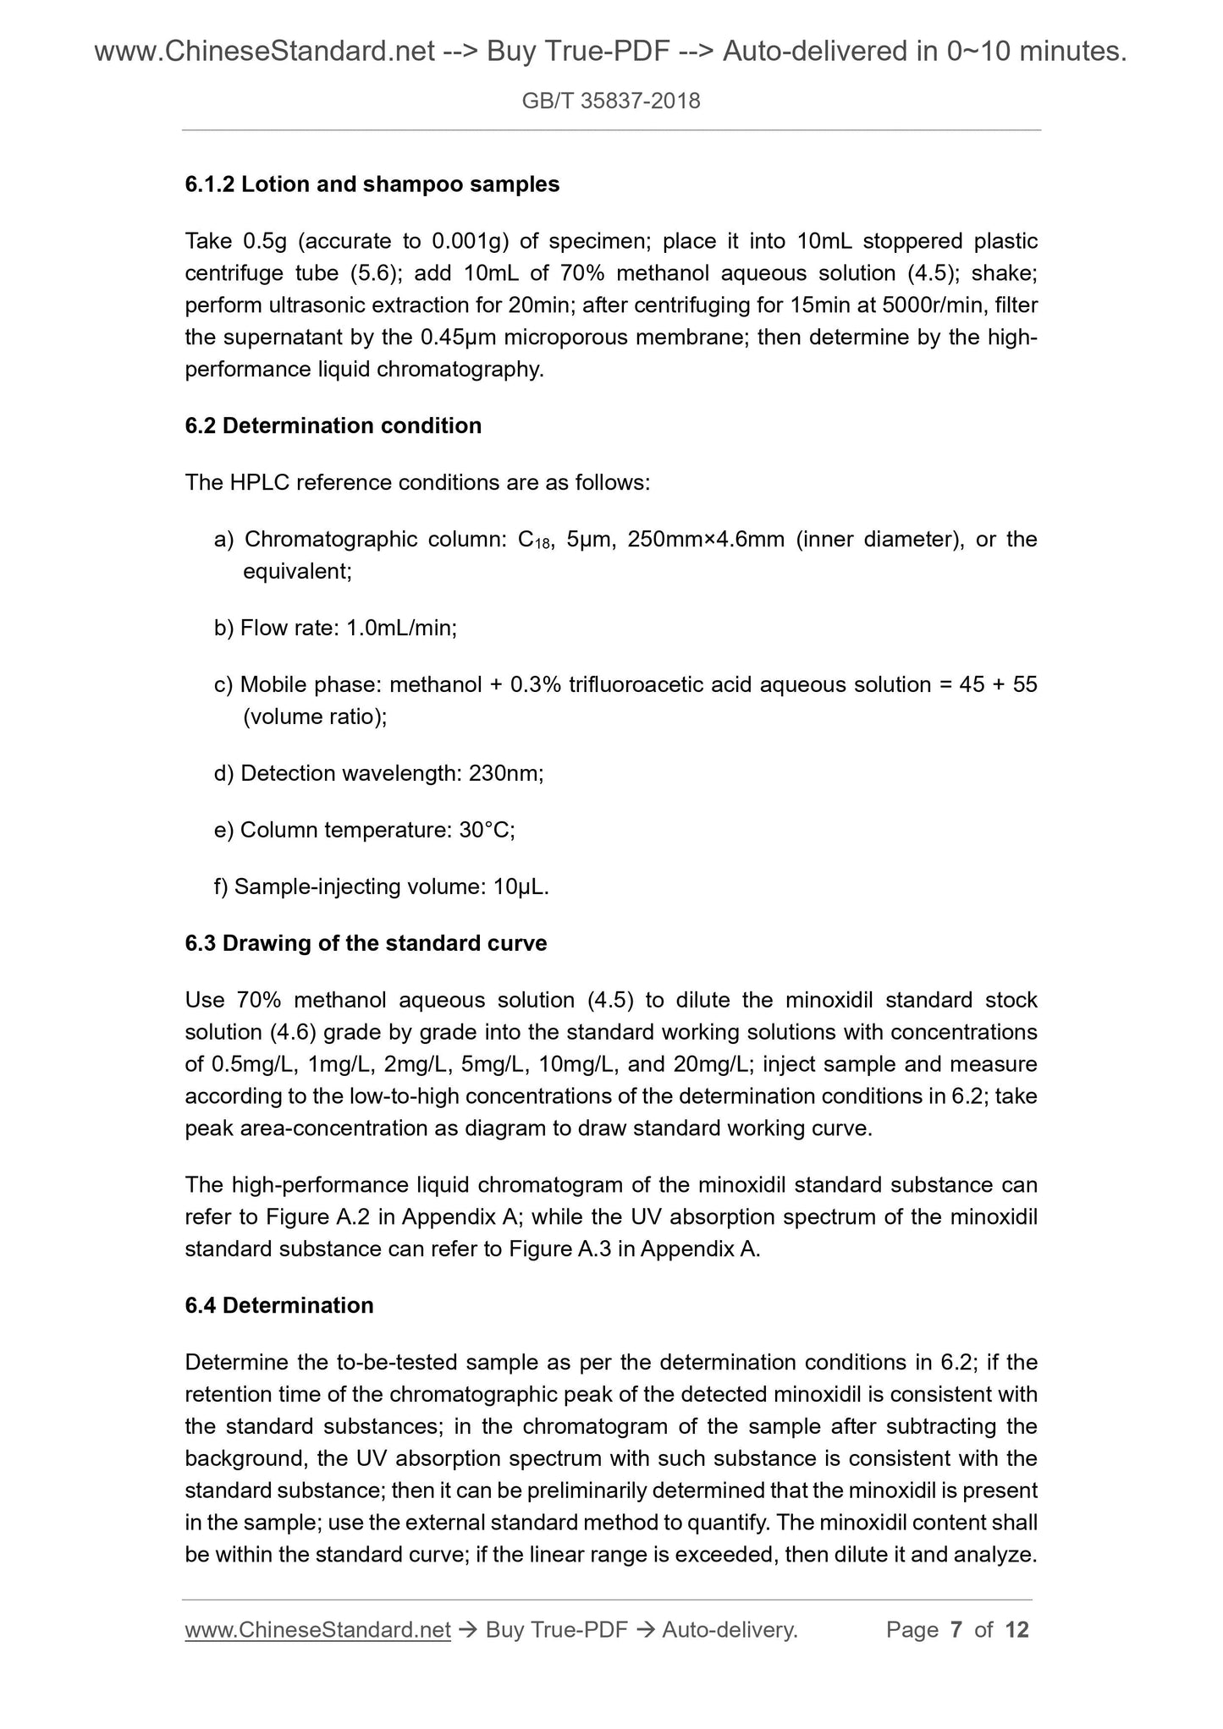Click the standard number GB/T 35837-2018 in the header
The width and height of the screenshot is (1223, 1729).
pyautogui.click(x=611, y=102)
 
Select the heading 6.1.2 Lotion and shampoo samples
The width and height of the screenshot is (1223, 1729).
pyautogui.click(x=372, y=184)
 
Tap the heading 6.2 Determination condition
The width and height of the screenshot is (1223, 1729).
pyautogui.click(x=333, y=425)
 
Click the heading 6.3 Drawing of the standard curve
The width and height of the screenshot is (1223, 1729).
pyautogui.click(x=366, y=943)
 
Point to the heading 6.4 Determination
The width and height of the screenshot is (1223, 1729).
pyautogui.click(x=278, y=1305)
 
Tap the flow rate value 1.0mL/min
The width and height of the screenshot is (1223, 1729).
pyautogui.click(x=401, y=628)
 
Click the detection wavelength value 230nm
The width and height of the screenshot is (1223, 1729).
pyautogui.click(x=504, y=773)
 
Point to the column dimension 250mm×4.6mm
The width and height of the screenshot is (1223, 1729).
pyautogui.click(x=706, y=540)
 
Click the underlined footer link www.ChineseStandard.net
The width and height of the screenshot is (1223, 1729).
pyautogui.click(x=317, y=1630)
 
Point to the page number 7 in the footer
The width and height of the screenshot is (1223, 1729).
pyautogui.click(x=956, y=1630)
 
